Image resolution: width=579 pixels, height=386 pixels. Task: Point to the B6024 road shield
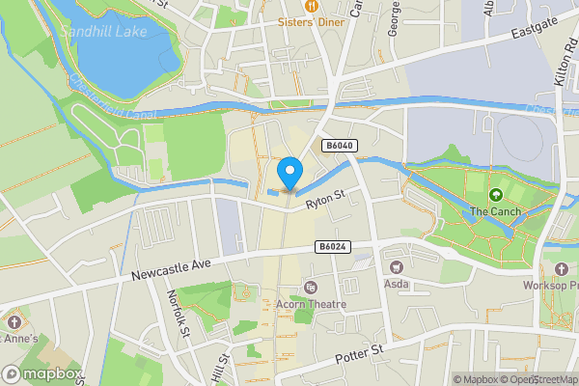(332, 248)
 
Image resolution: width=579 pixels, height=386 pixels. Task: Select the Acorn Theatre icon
(310, 288)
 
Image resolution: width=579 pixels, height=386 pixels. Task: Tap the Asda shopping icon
(396, 266)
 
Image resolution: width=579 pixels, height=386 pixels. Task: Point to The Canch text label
(496, 212)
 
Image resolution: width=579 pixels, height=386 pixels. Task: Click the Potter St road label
(359, 355)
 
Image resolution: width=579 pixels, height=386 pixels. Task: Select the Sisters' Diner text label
(311, 21)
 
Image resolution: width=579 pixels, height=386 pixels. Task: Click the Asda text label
(396, 285)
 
